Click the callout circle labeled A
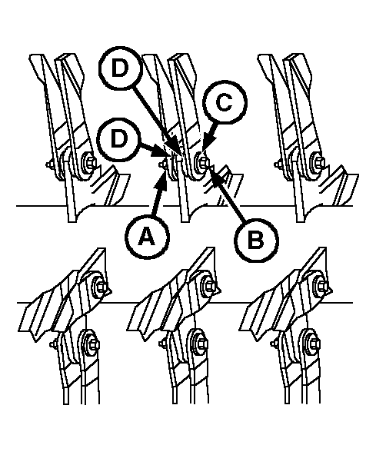pos(147,237)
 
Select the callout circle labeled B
pos(256,241)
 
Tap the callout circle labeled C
pos(225,102)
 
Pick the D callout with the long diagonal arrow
pos(120,68)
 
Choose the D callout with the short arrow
pos(119,139)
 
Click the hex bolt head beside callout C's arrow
pos(204,162)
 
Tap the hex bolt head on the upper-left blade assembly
pos(90,162)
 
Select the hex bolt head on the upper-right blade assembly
pos(319,162)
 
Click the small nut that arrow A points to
pos(161,164)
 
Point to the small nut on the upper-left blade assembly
pos(49,164)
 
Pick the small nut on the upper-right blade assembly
pos(278,164)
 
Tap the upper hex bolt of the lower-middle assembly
pos(211,287)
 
